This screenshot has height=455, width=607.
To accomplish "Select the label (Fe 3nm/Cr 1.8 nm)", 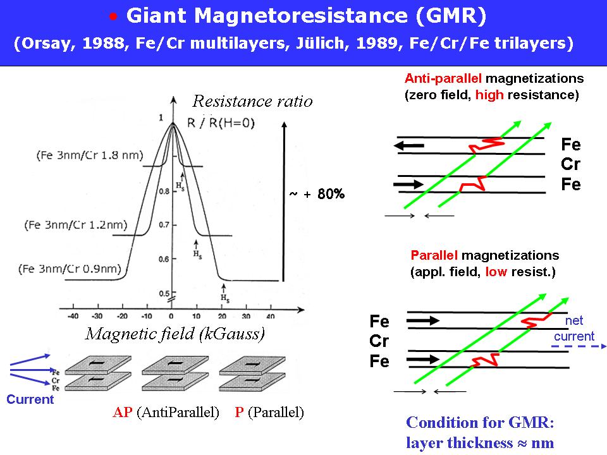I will click(90, 155).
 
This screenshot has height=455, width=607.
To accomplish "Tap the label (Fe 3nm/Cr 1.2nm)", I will click(76, 224).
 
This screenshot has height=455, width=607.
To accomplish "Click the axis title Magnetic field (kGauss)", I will click(175, 334).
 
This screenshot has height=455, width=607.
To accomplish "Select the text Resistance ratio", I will click(252, 101).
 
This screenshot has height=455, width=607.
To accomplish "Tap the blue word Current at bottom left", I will click(30, 399).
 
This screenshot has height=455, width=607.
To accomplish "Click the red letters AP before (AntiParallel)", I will click(122, 413).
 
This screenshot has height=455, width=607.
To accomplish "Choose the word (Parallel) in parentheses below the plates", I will click(276, 413).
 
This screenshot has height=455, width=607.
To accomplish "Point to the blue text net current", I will click(574, 329).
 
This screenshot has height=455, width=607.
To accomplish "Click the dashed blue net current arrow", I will click(579, 346).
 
